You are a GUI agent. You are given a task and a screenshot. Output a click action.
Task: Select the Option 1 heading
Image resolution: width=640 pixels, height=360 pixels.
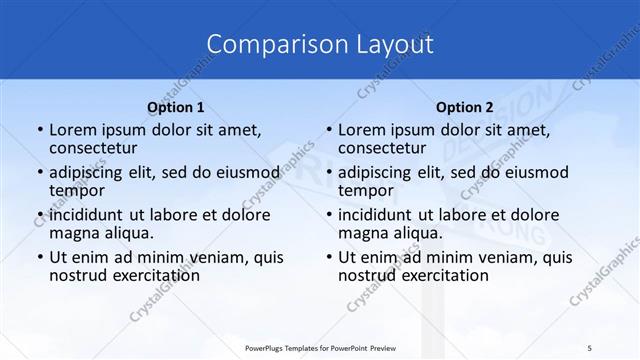tap(175, 107)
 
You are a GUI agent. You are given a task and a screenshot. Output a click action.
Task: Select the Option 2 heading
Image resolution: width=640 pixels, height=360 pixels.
tap(464, 107)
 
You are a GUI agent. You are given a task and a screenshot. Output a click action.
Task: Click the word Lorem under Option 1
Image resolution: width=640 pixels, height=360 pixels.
tap(75, 130)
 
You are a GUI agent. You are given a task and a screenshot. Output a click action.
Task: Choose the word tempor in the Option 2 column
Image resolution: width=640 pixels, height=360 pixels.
tap(366, 191)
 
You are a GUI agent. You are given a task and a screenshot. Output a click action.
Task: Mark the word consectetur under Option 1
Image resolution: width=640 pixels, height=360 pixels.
tap(98, 149)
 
